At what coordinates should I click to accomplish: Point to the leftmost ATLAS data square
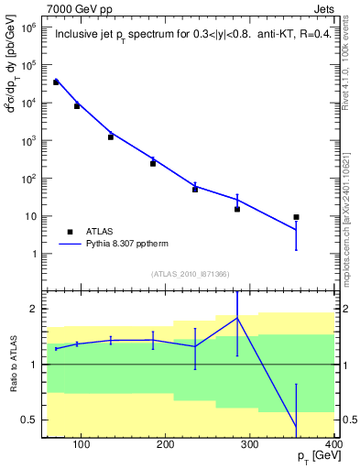(56, 82)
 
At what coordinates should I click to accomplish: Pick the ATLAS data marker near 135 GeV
(111, 136)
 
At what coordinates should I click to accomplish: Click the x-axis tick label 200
(166, 445)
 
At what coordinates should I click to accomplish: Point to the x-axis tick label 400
(333, 445)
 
